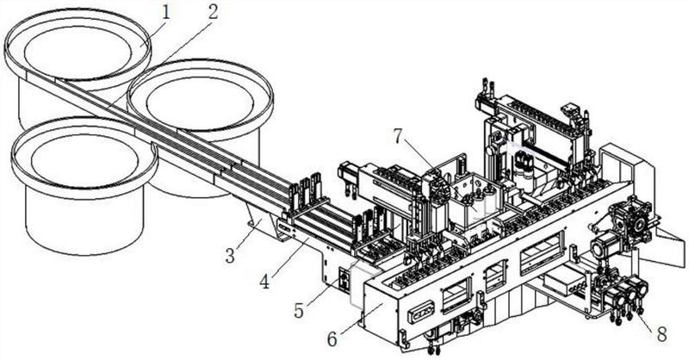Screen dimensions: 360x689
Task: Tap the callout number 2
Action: point(210,12)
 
